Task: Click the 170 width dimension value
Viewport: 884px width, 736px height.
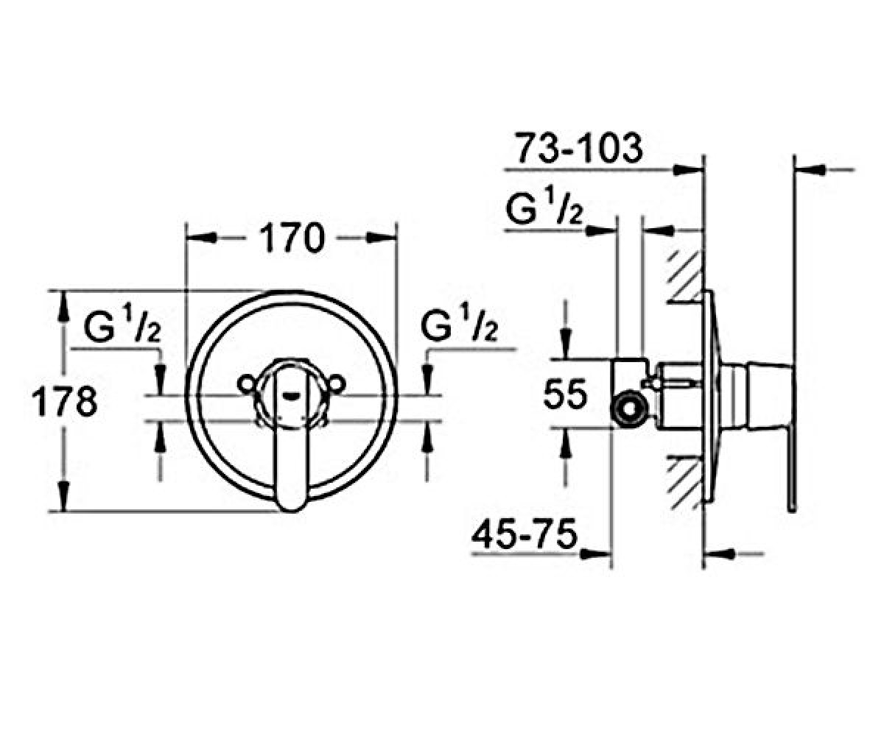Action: (x=292, y=238)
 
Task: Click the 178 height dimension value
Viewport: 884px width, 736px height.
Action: (x=65, y=402)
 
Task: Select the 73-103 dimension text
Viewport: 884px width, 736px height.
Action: (x=578, y=148)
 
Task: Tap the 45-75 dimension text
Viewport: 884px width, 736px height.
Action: (x=525, y=534)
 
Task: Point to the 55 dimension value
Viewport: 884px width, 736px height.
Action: (x=565, y=394)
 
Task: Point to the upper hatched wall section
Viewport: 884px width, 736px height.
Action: (x=685, y=277)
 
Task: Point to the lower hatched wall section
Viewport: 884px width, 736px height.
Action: (x=685, y=483)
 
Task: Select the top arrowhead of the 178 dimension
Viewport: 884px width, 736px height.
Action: (x=64, y=305)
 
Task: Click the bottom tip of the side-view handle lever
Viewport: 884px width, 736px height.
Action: (x=792, y=510)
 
